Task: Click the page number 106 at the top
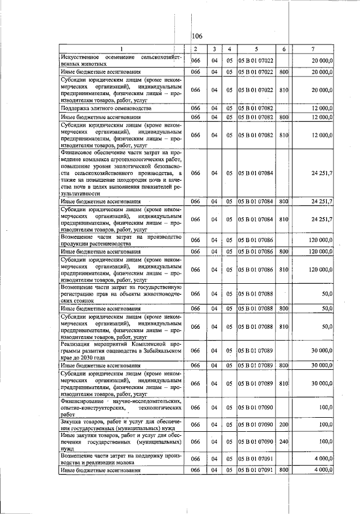[197, 37]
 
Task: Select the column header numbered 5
[255, 49]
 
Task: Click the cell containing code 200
[283, 424]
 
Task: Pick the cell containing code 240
[283, 442]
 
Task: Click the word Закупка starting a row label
[71, 421]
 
